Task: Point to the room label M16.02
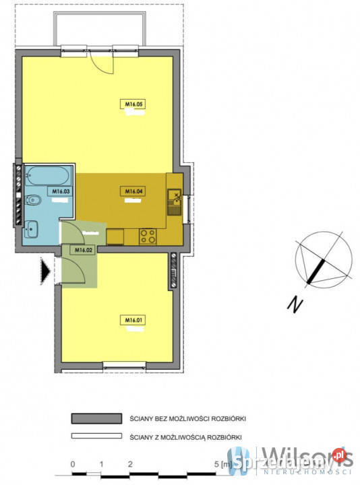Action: tap(83, 251)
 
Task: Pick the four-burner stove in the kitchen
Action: tap(148, 236)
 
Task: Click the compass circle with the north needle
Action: tap(324, 259)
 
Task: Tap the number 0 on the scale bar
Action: tap(71, 465)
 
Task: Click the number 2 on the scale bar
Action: tap(129, 465)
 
